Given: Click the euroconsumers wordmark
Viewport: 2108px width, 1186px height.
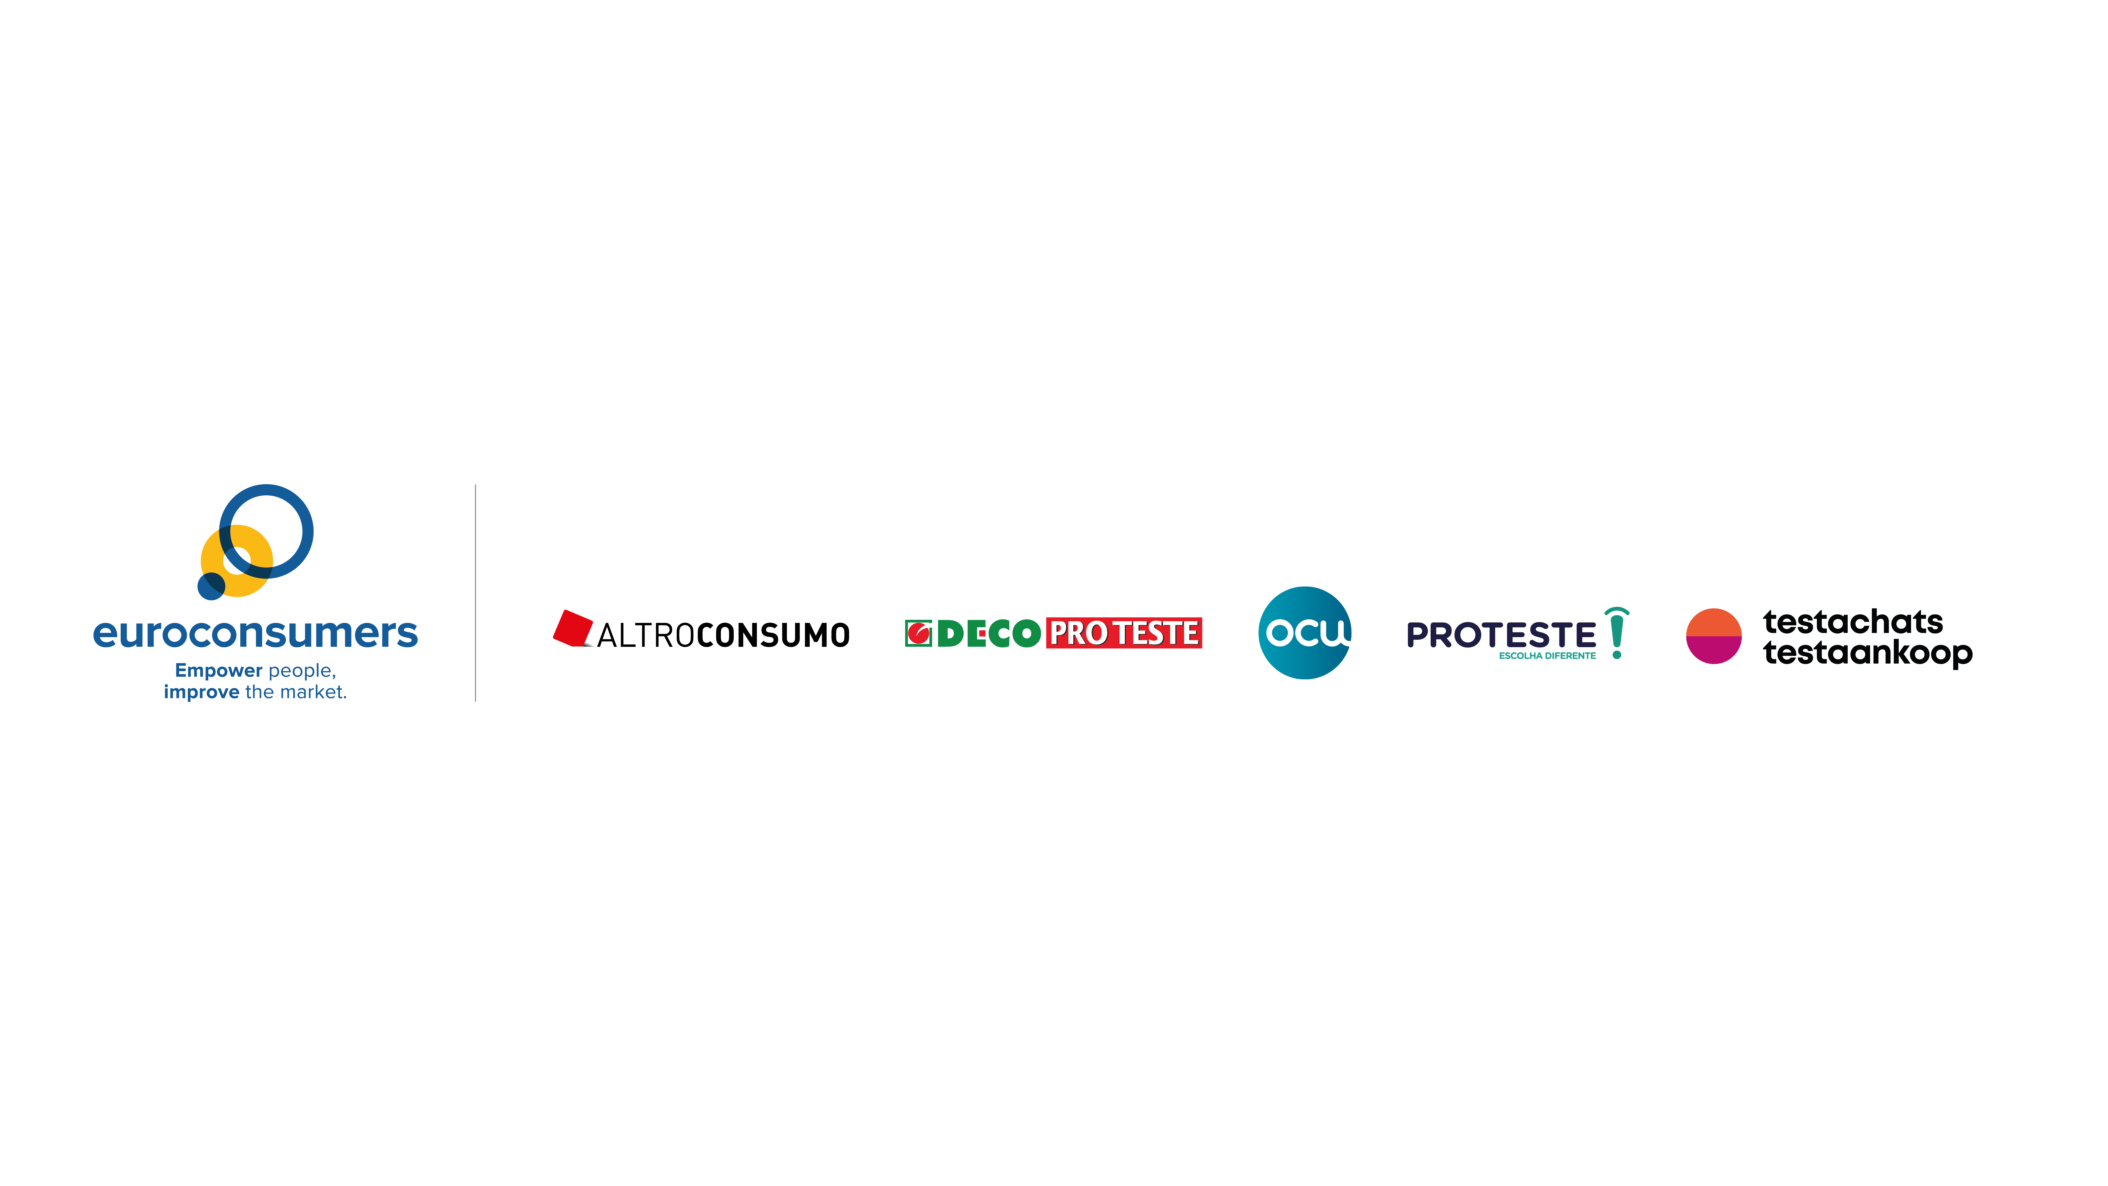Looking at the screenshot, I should coord(255,633).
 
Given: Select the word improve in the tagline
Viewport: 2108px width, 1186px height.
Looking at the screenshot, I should coord(201,692).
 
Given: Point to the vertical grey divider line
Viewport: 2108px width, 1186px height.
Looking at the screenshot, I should coord(476,593).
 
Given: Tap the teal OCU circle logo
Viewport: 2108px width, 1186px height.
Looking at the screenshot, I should coord(1304,633).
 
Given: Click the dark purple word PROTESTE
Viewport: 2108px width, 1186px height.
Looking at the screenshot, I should coord(1501,634).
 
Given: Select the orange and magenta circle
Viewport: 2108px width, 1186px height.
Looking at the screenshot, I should coord(1714,636).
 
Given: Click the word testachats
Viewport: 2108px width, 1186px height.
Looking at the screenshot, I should coord(1853,622).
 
